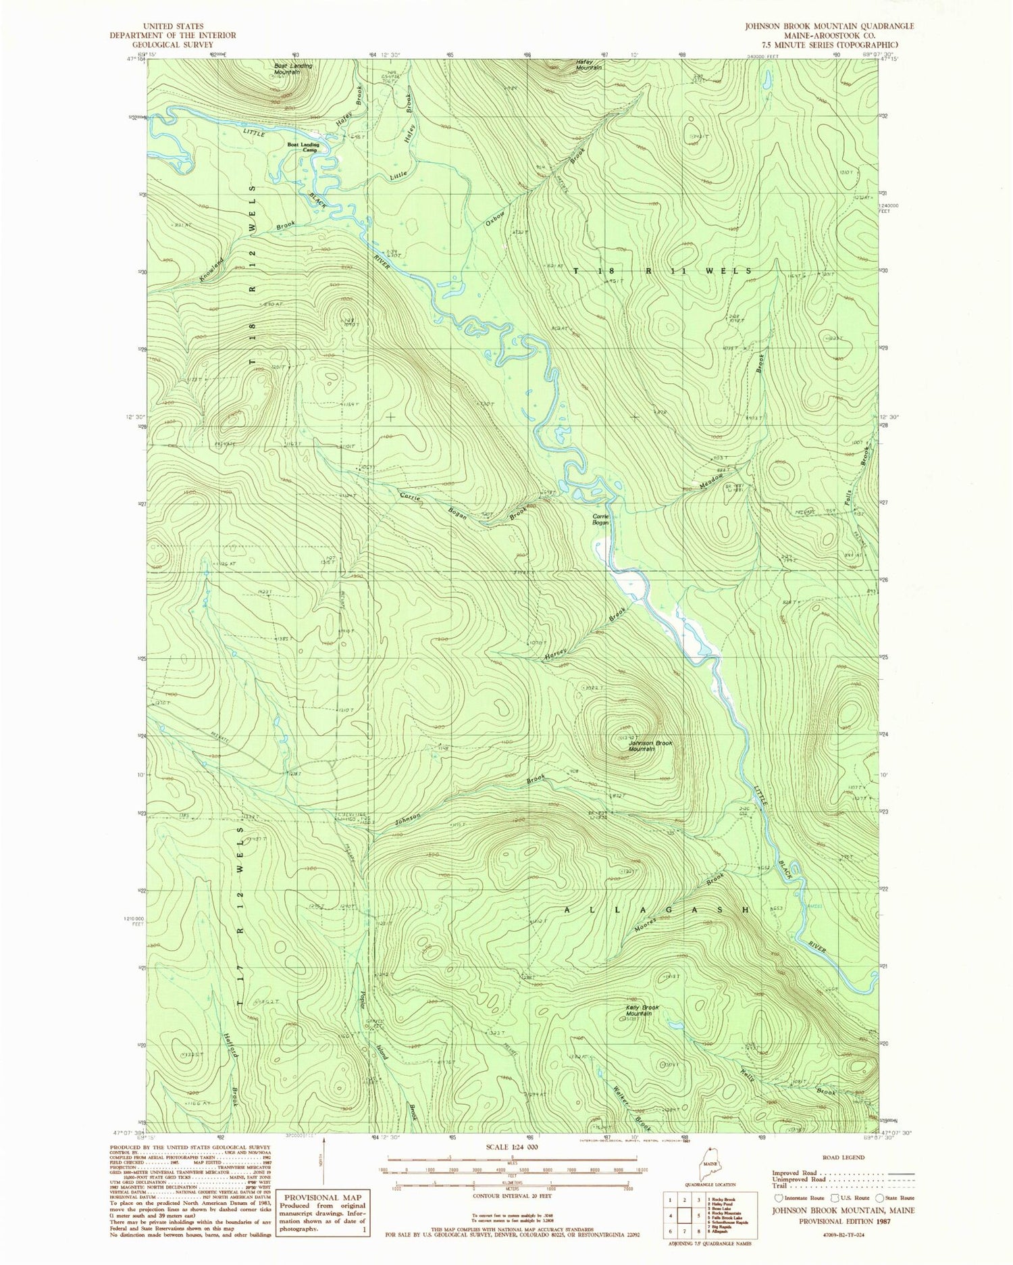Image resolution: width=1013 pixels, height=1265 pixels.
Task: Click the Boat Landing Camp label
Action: [303, 147]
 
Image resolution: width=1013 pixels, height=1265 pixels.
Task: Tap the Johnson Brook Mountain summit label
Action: [650, 746]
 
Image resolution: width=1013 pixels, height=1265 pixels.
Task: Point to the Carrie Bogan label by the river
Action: [600, 520]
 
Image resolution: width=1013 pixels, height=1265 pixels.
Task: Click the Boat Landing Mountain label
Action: [292, 68]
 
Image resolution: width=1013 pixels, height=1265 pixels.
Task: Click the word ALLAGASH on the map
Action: [656, 910]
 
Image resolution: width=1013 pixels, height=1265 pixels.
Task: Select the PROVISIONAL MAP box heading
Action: [323, 1197]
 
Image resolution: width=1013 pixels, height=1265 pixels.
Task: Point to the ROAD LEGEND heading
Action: [843, 1157]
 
